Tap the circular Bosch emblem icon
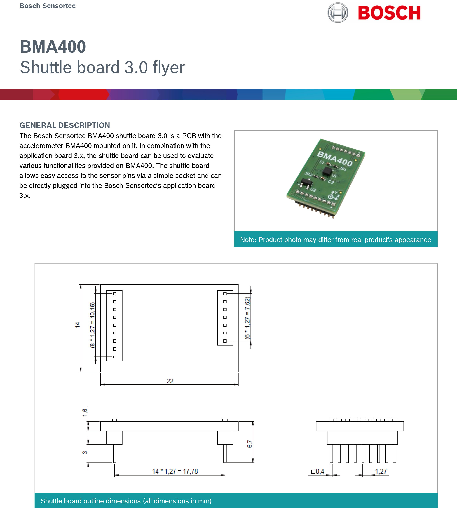point(338,13)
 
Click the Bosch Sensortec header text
point(48,6)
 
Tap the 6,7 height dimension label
point(249,444)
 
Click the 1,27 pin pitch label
point(381,471)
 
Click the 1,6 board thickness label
point(85,412)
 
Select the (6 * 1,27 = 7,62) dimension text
point(247,318)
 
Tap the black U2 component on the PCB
point(306,183)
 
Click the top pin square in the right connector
point(225,294)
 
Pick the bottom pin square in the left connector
point(114,357)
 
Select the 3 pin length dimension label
point(85,452)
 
